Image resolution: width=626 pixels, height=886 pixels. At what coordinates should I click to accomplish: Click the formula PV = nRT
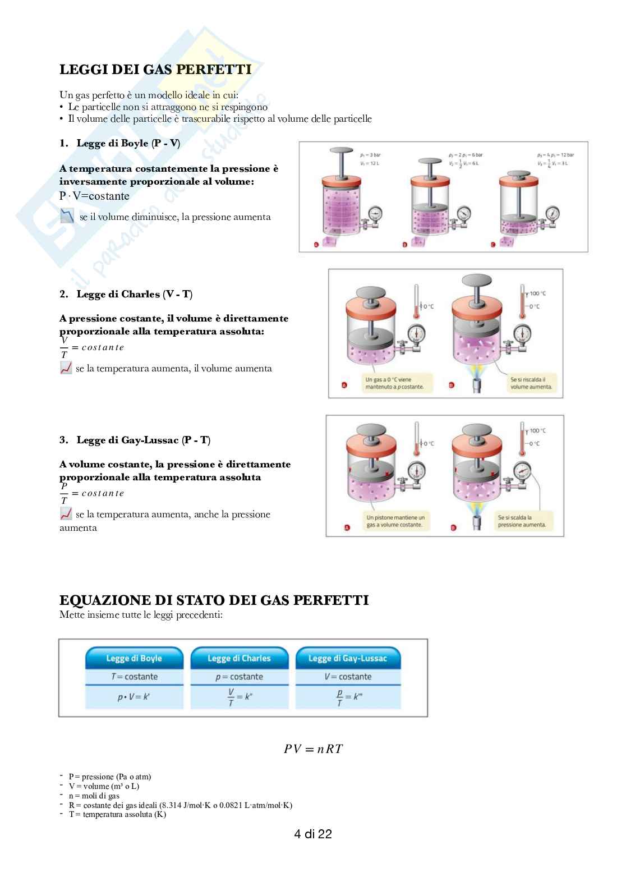[313, 749]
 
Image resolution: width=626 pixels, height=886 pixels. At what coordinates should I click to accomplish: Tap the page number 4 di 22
[313, 834]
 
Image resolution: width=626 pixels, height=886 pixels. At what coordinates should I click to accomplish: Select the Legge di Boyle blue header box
[134, 658]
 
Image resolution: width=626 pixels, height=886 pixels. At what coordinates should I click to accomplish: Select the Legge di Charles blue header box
[239, 658]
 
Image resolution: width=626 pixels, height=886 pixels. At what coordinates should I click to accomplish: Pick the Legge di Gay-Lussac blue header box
[348, 658]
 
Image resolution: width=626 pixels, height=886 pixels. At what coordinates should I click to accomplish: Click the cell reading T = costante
[134, 677]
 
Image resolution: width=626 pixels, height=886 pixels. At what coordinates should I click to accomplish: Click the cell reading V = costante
[348, 677]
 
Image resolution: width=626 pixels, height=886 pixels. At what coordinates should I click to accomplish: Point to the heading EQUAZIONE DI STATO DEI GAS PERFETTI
[214, 600]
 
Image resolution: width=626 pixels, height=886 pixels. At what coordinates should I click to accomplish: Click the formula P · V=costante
[94, 196]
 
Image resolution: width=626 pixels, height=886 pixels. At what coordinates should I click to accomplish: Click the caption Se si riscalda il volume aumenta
[530, 383]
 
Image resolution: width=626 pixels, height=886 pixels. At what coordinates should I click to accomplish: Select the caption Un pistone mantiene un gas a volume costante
[395, 521]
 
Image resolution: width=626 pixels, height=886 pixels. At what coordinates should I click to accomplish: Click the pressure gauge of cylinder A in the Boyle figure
[375, 214]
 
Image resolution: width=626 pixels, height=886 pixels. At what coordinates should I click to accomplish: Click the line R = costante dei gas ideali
[180, 805]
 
